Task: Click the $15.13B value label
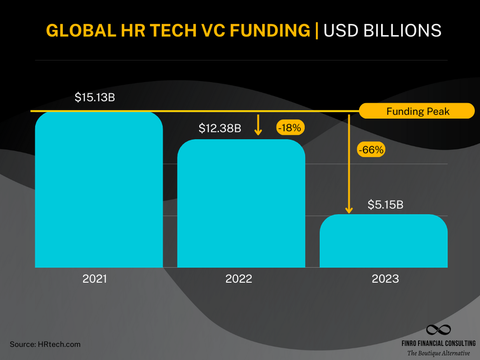95,97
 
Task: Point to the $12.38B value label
220,129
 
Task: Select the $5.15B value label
385,204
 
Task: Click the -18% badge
291,128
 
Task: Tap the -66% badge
371,150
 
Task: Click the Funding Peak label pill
417,111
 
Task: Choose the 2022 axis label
239,279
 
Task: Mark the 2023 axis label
385,279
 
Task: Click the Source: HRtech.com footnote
45,344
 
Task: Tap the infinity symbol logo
438,330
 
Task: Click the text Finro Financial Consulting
438,343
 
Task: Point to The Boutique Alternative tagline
438,353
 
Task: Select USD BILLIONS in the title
383,30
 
